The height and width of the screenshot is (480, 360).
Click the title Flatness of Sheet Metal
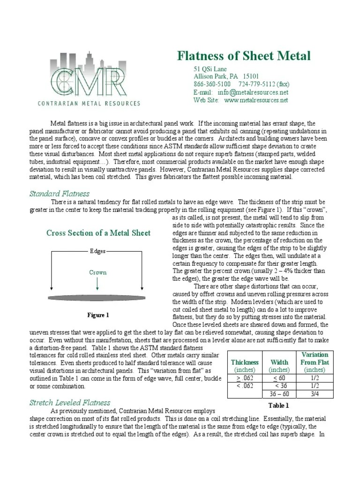tap(244, 56)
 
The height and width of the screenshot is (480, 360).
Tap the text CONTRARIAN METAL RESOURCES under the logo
tap(95, 103)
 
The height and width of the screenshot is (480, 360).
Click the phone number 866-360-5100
tap(212, 84)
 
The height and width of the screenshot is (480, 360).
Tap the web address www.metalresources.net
tap(256, 100)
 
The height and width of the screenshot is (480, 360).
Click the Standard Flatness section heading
tap(59, 194)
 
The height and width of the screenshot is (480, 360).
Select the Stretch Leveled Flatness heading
tap(70, 402)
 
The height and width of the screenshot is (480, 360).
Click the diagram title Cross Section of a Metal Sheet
tap(98, 233)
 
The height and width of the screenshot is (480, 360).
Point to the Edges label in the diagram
tap(97, 251)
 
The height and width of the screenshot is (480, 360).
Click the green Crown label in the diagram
tap(97, 272)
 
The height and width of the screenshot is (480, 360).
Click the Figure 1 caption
tap(97, 315)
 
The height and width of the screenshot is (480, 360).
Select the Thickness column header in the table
tap(245, 362)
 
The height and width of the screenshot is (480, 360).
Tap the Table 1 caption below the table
tap(278, 405)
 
